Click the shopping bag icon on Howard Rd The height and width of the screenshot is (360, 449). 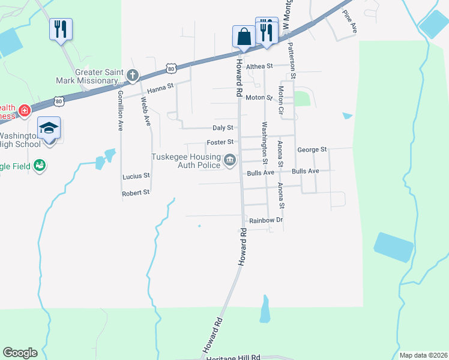(244, 36)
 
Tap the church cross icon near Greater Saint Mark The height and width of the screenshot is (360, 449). (133, 76)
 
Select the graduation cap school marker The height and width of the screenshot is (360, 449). (49, 128)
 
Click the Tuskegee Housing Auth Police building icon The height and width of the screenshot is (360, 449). (229, 160)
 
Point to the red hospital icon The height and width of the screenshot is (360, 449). (24, 110)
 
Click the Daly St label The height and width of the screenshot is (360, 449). (223, 128)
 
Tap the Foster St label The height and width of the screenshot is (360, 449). (220, 142)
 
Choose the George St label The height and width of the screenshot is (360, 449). (312, 149)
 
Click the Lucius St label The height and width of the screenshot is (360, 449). (136, 176)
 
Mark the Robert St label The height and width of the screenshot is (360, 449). (135, 193)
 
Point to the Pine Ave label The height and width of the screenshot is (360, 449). (350, 20)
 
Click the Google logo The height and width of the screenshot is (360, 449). (20, 353)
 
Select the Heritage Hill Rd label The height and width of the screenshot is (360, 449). (233, 357)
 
